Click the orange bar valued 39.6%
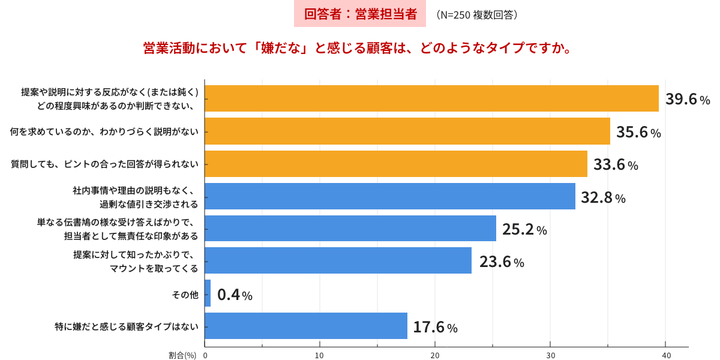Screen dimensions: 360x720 point(432,98)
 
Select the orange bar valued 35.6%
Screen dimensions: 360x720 point(407,131)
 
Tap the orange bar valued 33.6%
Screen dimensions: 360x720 point(396,164)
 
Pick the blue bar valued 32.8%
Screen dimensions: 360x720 point(390,196)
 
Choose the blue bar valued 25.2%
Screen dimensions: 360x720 point(350,229)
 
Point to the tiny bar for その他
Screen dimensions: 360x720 point(208,293)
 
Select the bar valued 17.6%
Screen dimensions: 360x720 point(306,326)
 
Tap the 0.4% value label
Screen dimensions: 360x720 point(235,295)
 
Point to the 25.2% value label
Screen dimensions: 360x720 point(524,229)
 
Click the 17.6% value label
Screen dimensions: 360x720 point(435,327)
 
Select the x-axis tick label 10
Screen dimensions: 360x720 point(320,355)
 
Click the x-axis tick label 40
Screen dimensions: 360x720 point(666,355)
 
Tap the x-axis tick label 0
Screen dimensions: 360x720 point(205,355)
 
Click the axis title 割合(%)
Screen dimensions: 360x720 point(182,355)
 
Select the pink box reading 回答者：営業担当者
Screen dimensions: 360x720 point(360,14)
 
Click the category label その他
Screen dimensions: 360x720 point(185,295)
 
